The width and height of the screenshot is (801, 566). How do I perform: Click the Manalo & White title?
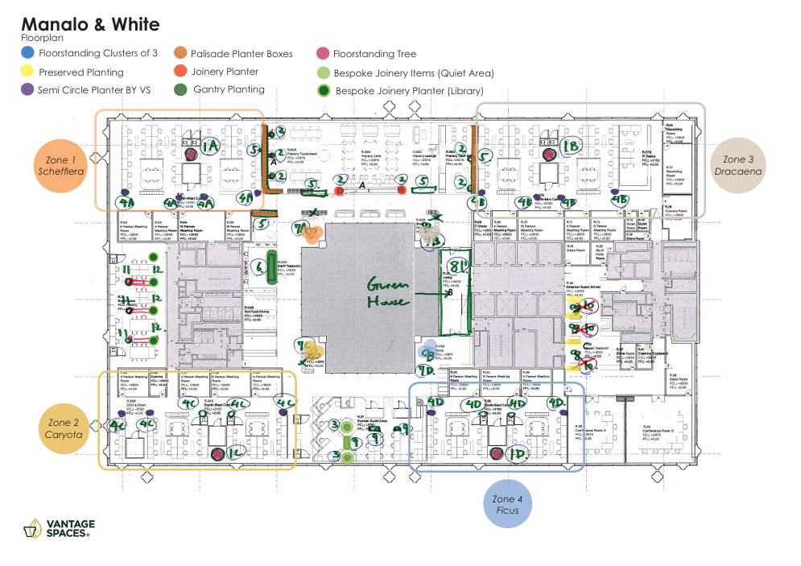click(90, 25)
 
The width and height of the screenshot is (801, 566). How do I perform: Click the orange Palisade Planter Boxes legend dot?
click(181, 54)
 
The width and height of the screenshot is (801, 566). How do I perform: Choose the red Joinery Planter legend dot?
click(181, 72)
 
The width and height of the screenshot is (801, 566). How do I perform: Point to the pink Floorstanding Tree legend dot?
click(323, 54)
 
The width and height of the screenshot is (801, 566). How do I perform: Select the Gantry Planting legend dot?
click(181, 89)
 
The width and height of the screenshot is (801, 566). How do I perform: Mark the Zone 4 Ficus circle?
click(508, 505)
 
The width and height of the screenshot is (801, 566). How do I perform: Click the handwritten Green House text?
click(390, 294)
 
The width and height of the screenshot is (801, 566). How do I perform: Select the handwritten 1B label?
click(570, 147)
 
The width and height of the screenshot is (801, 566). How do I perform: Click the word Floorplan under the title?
click(43, 38)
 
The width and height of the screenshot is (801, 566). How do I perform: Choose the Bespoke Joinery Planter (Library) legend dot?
click(323, 92)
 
